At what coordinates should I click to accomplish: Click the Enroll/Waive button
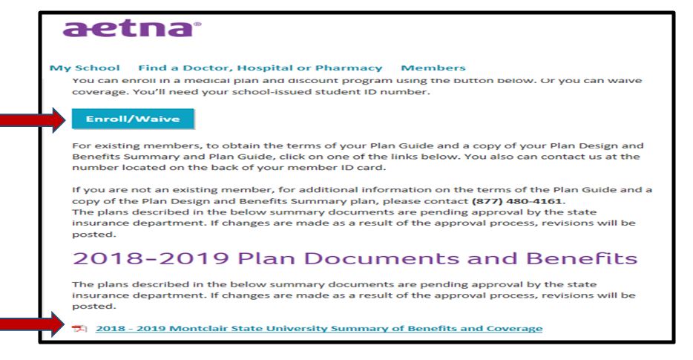click(x=133, y=117)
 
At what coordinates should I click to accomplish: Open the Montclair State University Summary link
click(x=318, y=328)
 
